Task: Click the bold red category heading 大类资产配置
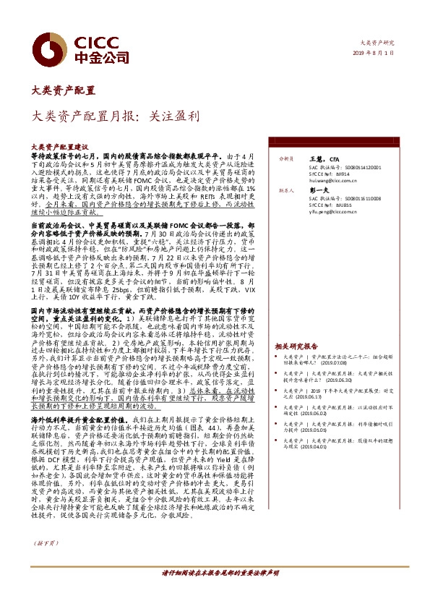click(64, 91)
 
